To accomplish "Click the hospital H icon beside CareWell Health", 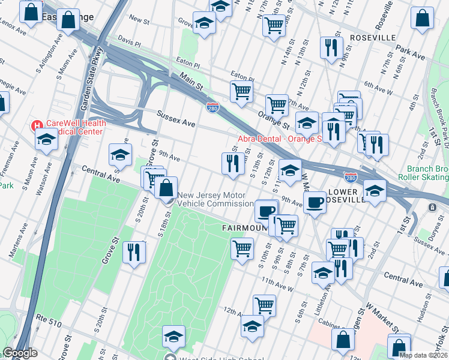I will point(37,126).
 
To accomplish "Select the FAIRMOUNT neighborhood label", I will point(244,229).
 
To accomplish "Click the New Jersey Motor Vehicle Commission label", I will point(215,203).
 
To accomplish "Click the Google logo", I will point(20,353).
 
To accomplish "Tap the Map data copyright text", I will point(424,355).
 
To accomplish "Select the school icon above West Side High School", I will point(173,336).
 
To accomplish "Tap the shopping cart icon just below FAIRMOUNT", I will point(242,248).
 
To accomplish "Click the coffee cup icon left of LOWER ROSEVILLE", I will point(314,202).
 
